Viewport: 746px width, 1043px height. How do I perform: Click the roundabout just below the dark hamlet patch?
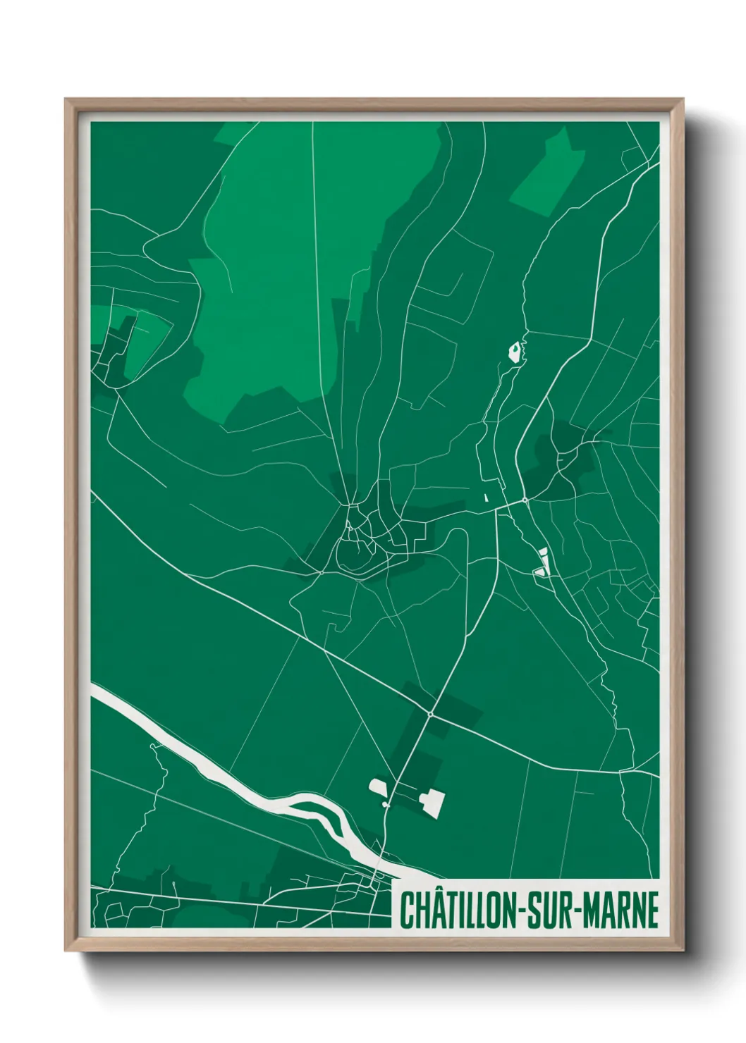pos(525,500)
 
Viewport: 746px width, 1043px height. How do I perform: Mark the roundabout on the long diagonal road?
pos(430,714)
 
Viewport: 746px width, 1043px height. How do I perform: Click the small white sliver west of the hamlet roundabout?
pos(486,496)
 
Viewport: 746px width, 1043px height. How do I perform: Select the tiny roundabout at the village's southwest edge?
pos(321,572)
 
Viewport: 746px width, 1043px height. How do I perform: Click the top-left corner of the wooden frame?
pos(66,99)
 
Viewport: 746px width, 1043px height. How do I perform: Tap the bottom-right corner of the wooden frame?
pos(684,952)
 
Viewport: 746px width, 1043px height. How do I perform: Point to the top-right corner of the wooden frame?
pos(684,99)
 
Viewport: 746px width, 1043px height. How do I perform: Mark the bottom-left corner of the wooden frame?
pos(66,952)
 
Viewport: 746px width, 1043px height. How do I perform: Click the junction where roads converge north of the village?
pos(350,505)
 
